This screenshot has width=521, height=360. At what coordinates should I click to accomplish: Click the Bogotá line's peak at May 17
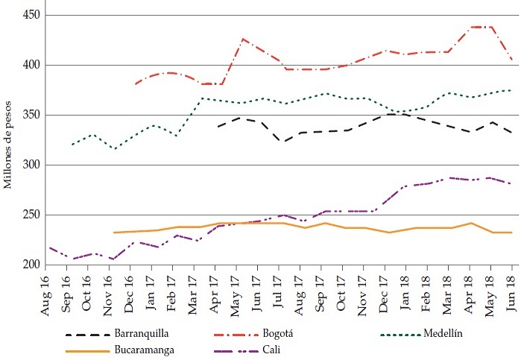[243, 38]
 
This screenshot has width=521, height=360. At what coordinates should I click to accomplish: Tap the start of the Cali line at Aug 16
[49, 247]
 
